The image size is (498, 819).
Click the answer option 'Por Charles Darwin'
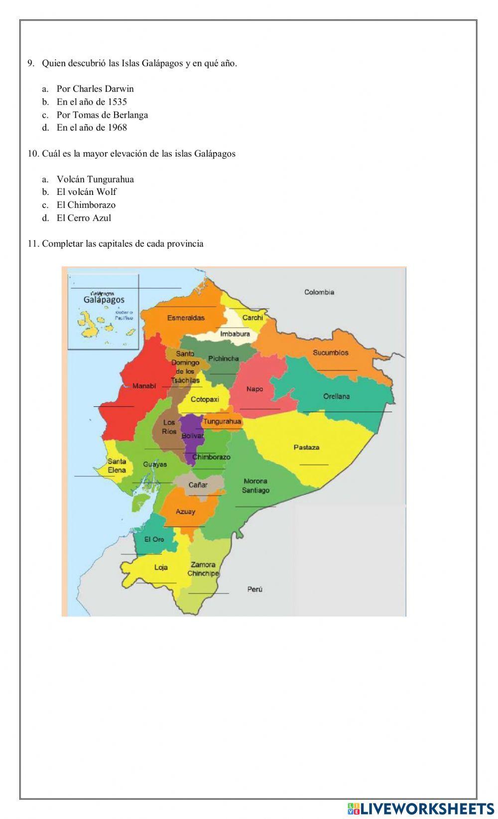[x=95, y=89]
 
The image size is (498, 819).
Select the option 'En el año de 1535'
[x=92, y=102]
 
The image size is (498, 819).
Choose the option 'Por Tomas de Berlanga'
[x=102, y=115]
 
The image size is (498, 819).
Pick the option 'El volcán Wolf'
[x=86, y=192]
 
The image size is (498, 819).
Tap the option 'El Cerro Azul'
[x=84, y=218]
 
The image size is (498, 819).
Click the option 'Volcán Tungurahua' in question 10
[x=95, y=179]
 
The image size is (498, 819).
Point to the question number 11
[x=33, y=244]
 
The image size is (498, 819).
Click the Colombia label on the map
[x=319, y=292]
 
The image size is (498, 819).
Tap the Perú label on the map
[x=254, y=589]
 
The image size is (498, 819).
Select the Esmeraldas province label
[x=186, y=318]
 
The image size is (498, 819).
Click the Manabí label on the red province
[x=144, y=386]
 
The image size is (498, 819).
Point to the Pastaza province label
[x=306, y=447]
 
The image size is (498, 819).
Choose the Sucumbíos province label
[x=330, y=352]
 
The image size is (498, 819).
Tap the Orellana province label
[x=336, y=396]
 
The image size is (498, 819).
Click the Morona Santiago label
[x=255, y=486]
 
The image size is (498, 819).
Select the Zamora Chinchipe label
[x=203, y=569]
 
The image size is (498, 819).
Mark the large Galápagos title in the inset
[x=104, y=300]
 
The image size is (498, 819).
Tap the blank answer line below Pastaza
[x=314, y=465]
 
